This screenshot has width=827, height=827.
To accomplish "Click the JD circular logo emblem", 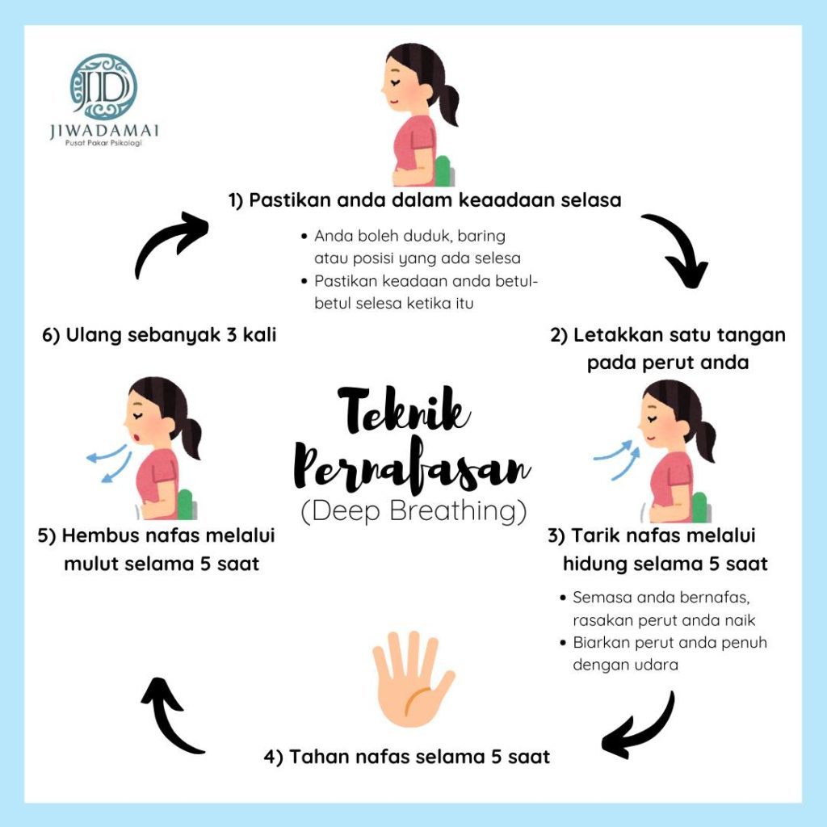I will (103, 87).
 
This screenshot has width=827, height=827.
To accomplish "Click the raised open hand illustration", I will (413, 678).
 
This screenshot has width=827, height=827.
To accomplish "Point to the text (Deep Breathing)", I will (413, 511).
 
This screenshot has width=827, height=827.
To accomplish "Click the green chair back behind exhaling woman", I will (187, 504).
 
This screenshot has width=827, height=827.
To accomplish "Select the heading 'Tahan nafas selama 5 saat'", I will (408, 757).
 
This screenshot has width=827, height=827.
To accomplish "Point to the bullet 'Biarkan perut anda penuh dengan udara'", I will (669, 654).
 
